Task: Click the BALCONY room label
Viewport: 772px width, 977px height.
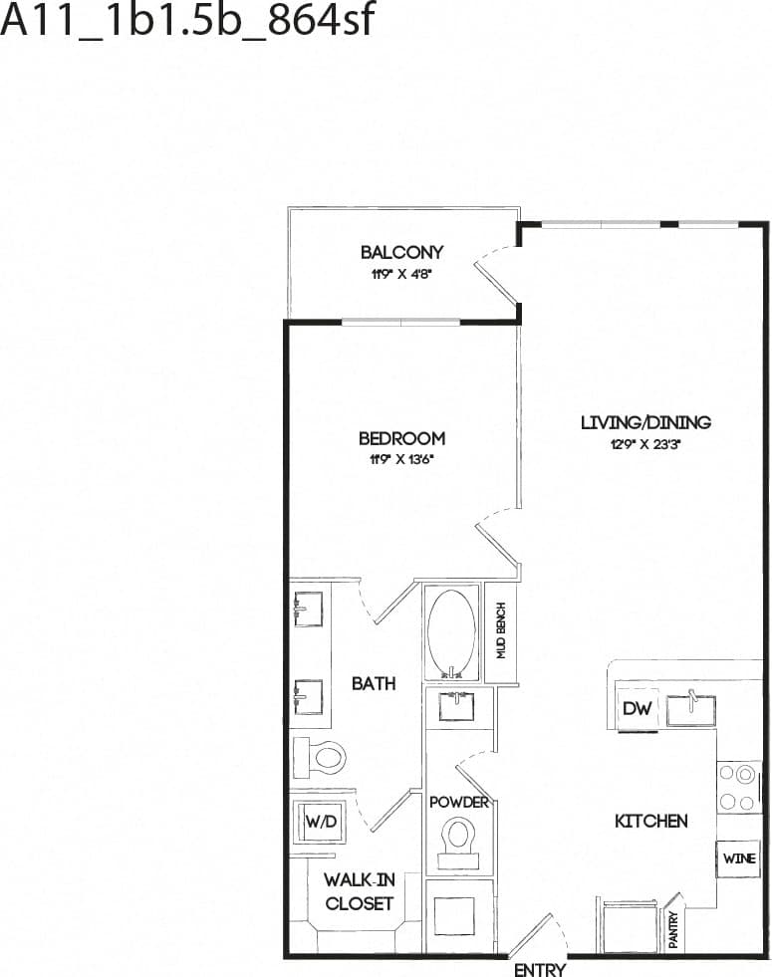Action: (401, 253)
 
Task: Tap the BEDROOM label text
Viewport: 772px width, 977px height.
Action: (401, 438)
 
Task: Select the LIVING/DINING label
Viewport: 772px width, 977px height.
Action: (645, 422)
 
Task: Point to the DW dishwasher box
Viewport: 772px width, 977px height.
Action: (637, 708)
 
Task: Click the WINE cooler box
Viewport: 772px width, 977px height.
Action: (739, 858)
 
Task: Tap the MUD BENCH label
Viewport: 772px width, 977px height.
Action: (503, 631)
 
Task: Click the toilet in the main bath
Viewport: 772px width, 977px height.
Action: (323, 757)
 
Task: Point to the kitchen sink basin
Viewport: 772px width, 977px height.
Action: (690, 710)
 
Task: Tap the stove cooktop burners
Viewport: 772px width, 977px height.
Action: (739, 787)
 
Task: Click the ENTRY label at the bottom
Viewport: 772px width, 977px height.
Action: (540, 969)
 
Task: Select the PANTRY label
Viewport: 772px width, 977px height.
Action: (674, 930)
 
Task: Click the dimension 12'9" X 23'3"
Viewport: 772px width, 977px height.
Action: (645, 445)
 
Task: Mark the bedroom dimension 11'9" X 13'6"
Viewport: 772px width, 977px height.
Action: (401, 460)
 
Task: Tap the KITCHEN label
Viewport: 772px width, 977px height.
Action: (650, 822)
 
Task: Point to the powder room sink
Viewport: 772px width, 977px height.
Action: (459, 708)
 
